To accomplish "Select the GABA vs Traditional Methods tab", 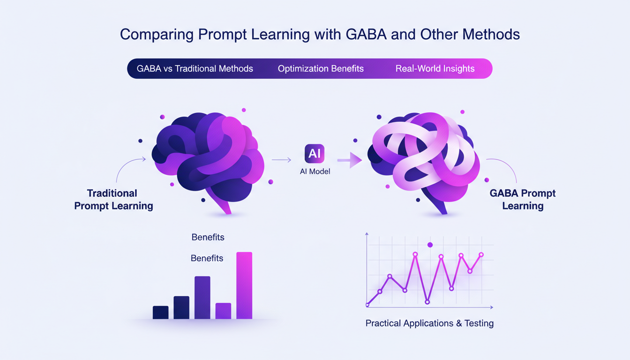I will click(195, 68).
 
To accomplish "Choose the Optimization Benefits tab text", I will click(321, 68).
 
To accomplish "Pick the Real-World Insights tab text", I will click(435, 68).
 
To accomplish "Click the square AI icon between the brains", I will click(315, 154).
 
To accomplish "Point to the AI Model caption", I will click(315, 172).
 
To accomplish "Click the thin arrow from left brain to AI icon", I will click(281, 160).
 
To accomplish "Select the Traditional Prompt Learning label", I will click(113, 199).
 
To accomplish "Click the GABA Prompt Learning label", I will click(523, 199).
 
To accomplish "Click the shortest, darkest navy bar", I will click(160, 312).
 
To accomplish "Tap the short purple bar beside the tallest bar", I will click(223, 311).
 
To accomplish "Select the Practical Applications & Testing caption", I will click(429, 323).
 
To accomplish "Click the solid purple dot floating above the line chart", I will click(430, 245).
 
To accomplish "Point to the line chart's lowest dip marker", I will click(427, 302).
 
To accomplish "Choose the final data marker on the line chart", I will click(481, 255).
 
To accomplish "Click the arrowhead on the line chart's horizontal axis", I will click(491, 307).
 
